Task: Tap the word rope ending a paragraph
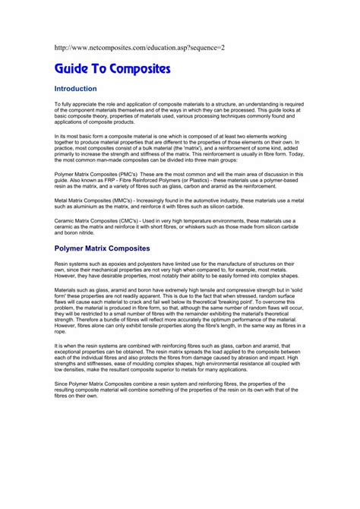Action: coord(61,331)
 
